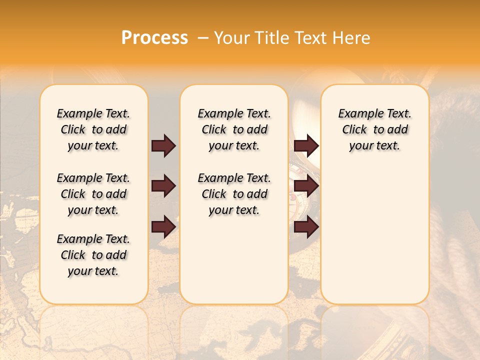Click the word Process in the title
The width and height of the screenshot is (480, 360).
154,38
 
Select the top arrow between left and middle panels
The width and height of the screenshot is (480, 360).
163,146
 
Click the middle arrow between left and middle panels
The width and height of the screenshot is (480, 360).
163,186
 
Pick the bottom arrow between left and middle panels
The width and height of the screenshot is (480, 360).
163,227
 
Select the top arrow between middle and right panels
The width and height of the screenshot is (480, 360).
306,146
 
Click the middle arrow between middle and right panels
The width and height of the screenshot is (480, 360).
306,186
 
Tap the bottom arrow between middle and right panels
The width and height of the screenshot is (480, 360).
306,227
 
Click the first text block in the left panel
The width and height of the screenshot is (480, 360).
93,129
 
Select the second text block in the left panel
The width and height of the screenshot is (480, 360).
93,194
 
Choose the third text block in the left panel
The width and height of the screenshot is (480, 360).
93,255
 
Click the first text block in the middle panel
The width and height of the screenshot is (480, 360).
234,129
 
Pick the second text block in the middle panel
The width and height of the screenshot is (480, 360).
234,194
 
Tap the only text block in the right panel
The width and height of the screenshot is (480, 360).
374,129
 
